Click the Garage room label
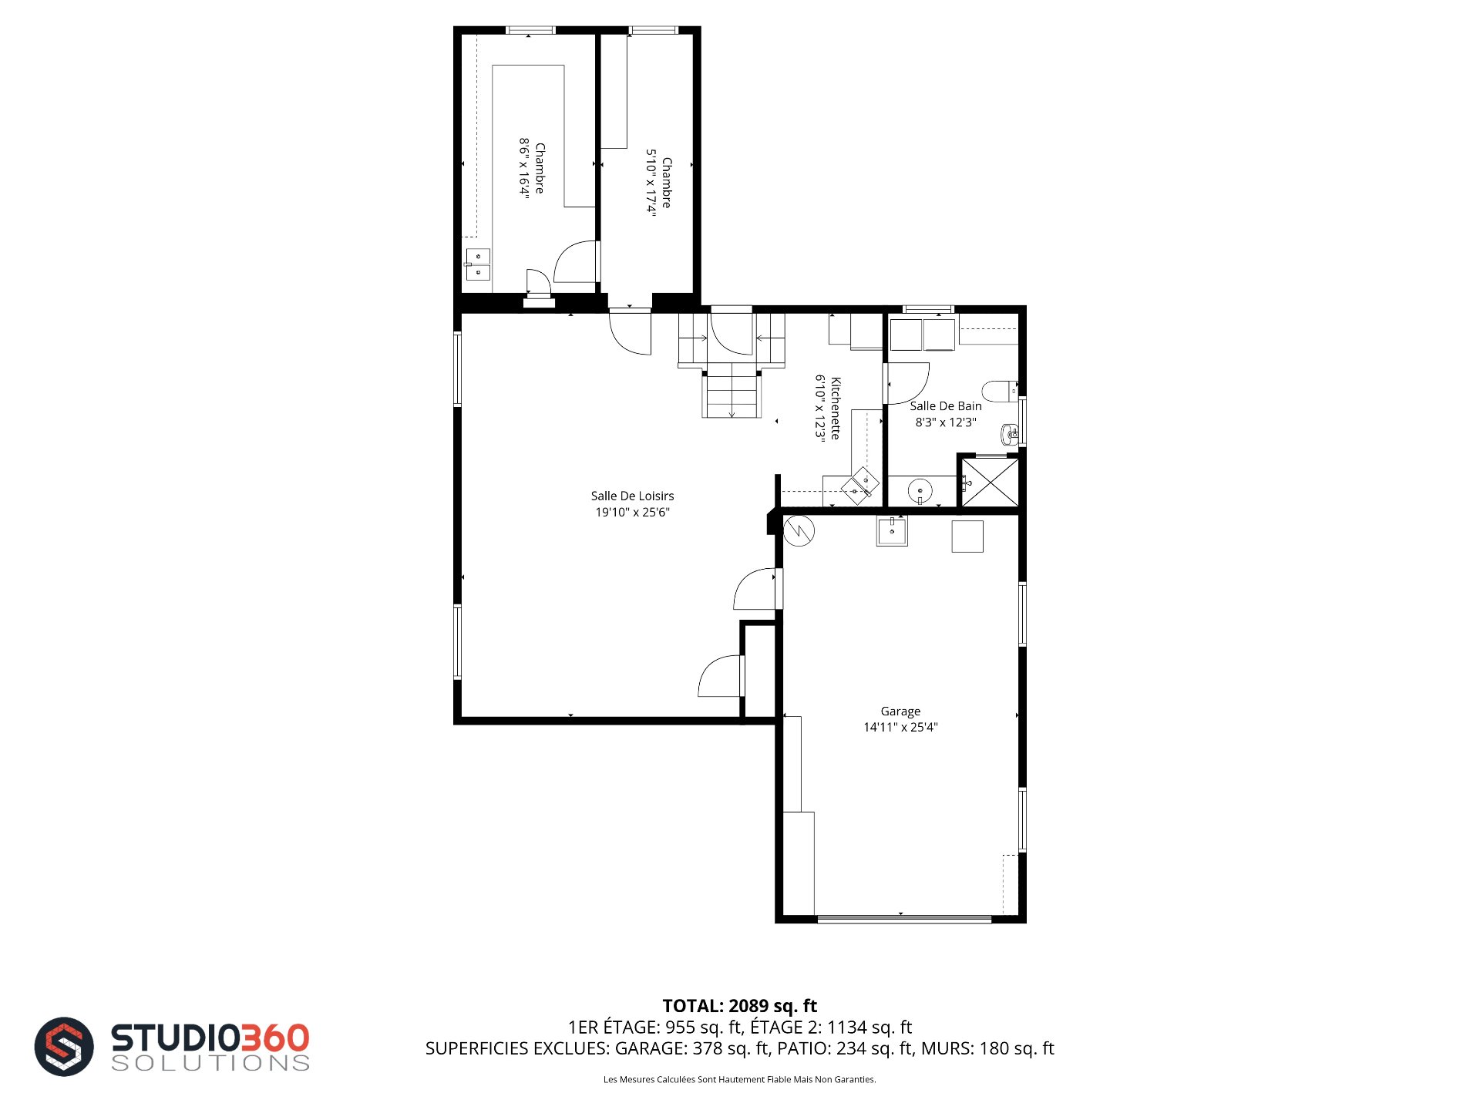pos(900,711)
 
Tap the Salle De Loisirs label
pos(632,496)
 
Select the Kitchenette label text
pos(836,409)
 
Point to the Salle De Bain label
pos(946,406)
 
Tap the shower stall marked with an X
pos(991,483)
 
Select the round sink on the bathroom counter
pos(920,490)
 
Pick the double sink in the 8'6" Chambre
pos(478,264)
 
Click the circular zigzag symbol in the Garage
pos(799,530)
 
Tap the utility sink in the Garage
pos(892,531)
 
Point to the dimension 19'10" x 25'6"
pos(632,512)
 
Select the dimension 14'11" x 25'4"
pos(900,727)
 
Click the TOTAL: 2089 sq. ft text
pos(740,1006)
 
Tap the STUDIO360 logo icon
pos(64,1046)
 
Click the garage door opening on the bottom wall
pos(904,919)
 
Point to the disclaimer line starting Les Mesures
pos(739,1079)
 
